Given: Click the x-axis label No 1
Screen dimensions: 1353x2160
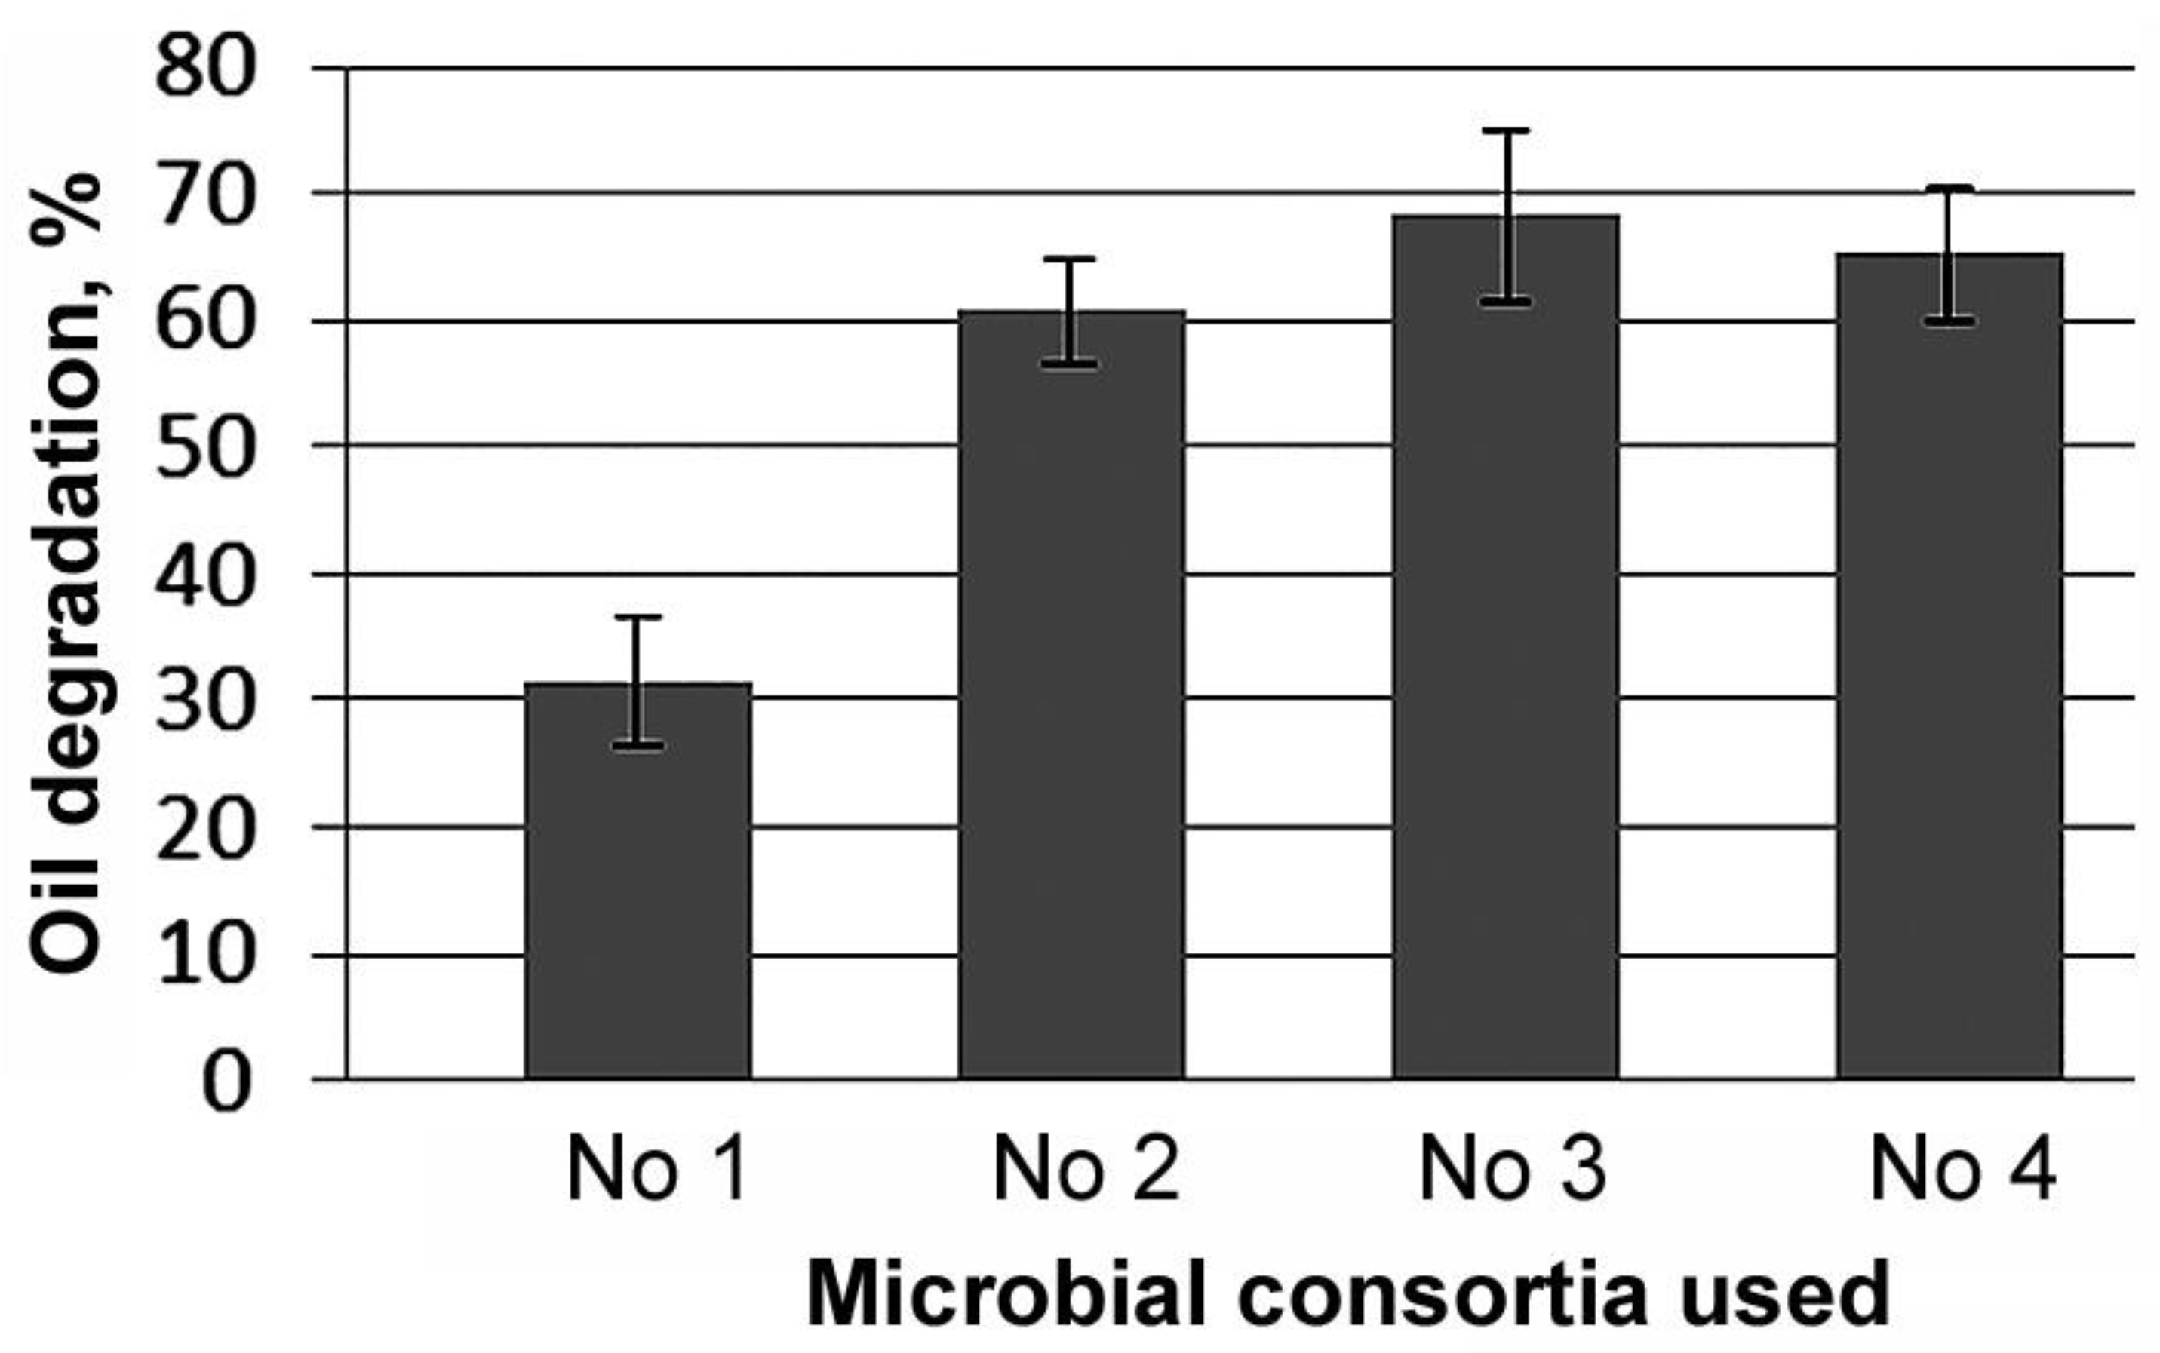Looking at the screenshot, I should [657, 1169].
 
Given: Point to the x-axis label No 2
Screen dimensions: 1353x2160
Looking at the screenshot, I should [1086, 1169].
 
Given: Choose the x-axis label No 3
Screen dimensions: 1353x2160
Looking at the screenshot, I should [1513, 1169].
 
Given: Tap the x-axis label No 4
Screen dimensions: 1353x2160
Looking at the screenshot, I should [1963, 1169].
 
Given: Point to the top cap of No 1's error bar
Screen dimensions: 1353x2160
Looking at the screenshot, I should [638, 618].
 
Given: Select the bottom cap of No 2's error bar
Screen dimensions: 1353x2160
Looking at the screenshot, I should [1071, 364].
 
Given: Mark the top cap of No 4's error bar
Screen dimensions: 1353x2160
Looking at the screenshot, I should [1950, 188].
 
